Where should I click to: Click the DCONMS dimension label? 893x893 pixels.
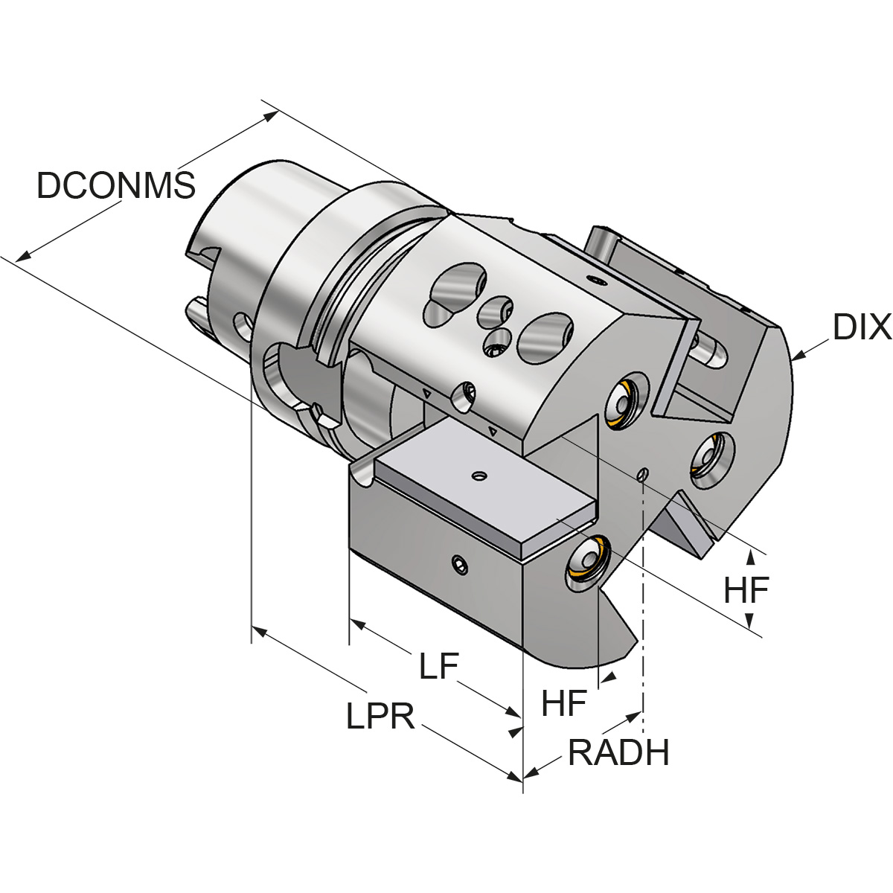click(115, 185)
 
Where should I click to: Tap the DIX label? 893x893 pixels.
click(862, 327)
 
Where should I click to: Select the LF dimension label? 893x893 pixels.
click(438, 666)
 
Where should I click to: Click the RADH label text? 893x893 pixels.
click(618, 753)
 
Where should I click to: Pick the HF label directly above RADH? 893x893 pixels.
click(564, 703)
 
